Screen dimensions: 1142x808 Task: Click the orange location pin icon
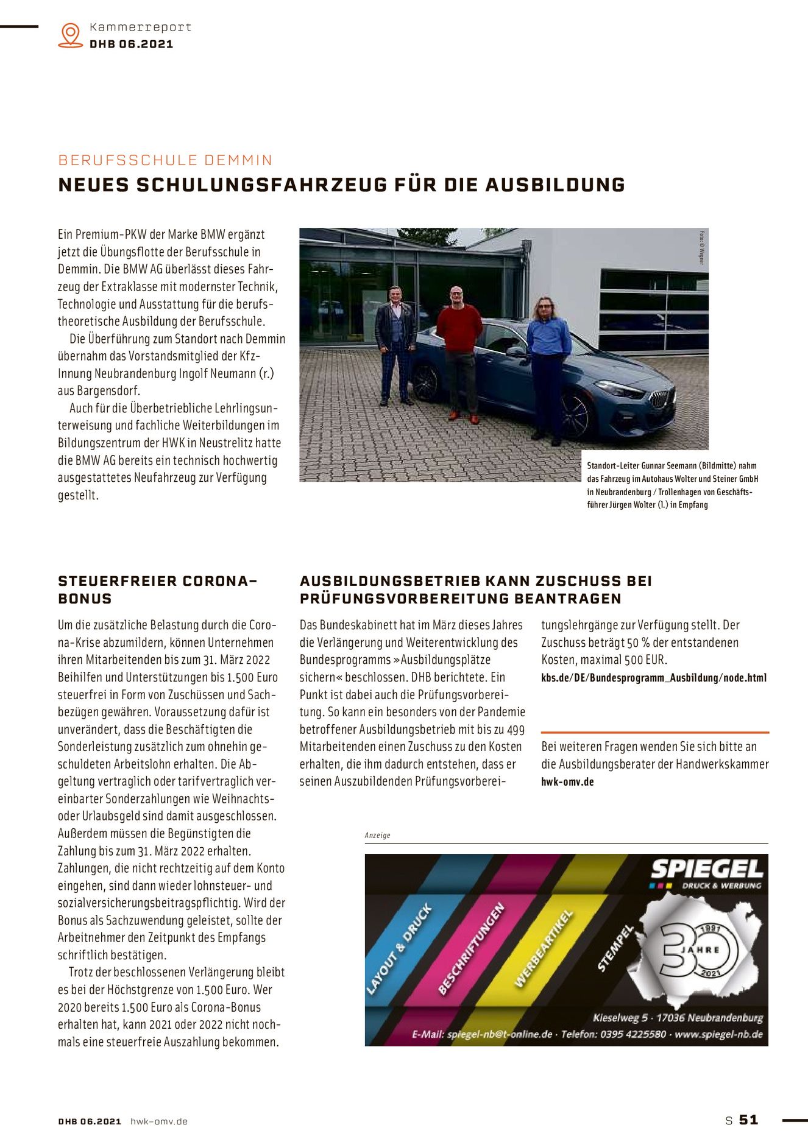point(71,35)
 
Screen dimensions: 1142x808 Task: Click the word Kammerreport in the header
point(140,27)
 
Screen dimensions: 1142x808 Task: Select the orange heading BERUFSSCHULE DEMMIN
point(165,160)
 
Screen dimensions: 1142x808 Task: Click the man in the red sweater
point(459,347)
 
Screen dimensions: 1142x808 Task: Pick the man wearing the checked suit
point(395,344)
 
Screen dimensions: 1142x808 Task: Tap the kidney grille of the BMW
point(662,400)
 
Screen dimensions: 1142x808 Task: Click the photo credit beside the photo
point(701,247)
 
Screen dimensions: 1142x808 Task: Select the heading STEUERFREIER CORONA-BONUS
point(157,590)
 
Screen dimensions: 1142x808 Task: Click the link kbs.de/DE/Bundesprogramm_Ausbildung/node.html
point(654,677)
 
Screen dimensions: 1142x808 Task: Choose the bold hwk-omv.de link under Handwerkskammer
point(567,781)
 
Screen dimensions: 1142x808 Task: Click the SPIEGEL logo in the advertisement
point(706,869)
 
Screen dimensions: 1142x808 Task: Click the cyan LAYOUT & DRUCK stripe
point(399,950)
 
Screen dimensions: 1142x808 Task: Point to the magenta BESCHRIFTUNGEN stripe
point(472,950)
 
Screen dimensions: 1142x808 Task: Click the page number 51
point(748,1119)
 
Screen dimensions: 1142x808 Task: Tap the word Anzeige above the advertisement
point(377,835)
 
